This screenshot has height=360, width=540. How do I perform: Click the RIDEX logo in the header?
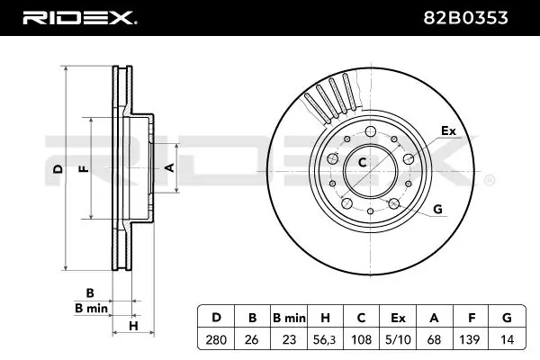pos(78,17)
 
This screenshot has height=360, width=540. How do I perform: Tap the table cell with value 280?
pos(216,339)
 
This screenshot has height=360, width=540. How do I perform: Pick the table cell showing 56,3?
pos(327,339)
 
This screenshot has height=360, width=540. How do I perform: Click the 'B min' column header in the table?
pos(290,318)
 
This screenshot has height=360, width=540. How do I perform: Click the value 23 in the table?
pos(290,339)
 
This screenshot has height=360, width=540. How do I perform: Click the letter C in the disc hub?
pos(363,163)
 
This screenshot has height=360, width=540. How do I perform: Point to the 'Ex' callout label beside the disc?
pos(447,131)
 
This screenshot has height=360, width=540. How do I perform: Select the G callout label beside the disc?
pos(438,210)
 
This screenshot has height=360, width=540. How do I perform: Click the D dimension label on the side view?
pos(57,169)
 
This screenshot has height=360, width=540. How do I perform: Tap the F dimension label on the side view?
pos(83,169)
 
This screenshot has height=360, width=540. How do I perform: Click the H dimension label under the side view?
pos(132,325)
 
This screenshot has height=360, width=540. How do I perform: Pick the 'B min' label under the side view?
pos(91,309)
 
